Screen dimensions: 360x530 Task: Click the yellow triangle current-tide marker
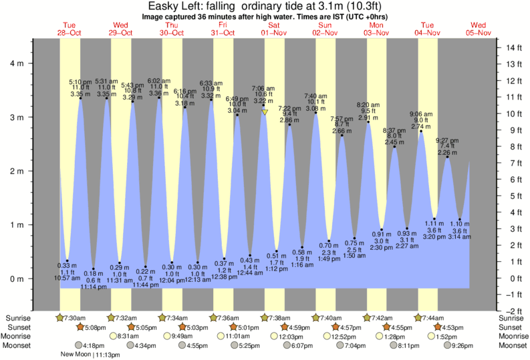(265, 112)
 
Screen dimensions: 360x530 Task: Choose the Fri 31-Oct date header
(223, 29)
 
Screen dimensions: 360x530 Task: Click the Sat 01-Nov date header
(274, 29)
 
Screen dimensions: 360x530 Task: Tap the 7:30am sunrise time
(73, 318)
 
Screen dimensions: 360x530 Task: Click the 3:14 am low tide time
(459, 237)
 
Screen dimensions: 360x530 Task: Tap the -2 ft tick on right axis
(513, 311)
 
